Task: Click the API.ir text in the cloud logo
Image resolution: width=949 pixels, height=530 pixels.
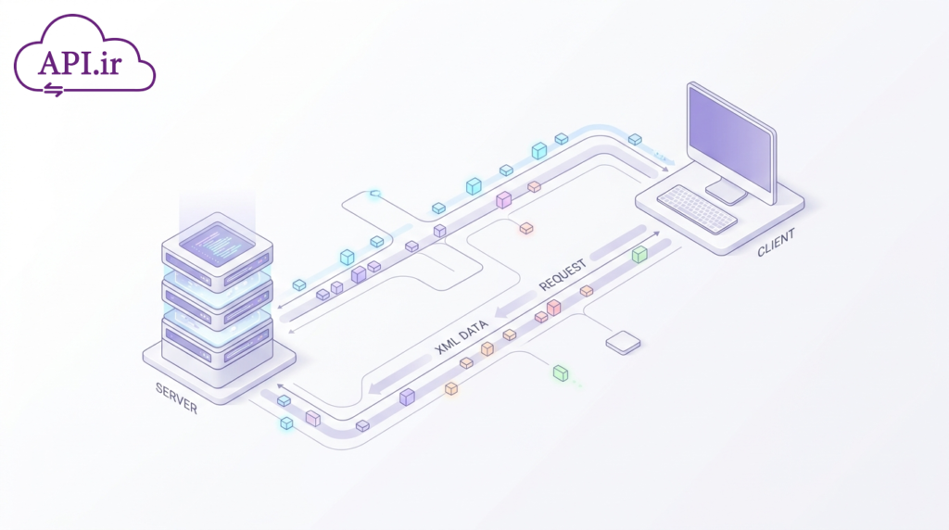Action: pos(80,62)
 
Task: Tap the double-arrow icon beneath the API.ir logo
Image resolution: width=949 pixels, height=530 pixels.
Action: pos(53,90)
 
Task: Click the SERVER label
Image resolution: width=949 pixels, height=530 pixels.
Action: pos(176,398)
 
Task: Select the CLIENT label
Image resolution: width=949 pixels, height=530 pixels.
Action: pos(776,243)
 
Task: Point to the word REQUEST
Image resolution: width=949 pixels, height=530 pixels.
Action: pos(563,274)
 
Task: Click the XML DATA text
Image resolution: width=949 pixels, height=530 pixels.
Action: pos(462,337)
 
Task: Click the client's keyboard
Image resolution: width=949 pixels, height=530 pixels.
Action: pos(697,208)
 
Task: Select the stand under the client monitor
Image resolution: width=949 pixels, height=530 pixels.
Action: pos(726,192)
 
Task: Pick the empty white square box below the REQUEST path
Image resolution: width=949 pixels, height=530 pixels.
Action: pos(623,343)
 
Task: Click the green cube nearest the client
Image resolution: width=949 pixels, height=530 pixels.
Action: pos(639,254)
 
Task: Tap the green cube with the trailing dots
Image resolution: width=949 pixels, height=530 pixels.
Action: pos(561,373)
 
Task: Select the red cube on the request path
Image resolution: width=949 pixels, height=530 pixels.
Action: pos(553,308)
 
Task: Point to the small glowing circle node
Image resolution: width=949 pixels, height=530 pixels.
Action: pos(375,194)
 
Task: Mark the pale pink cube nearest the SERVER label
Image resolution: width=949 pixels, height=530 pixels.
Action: pos(313,418)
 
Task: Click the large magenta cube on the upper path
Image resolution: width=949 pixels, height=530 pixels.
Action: pos(503,199)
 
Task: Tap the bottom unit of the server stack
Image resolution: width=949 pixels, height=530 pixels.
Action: pos(217,345)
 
